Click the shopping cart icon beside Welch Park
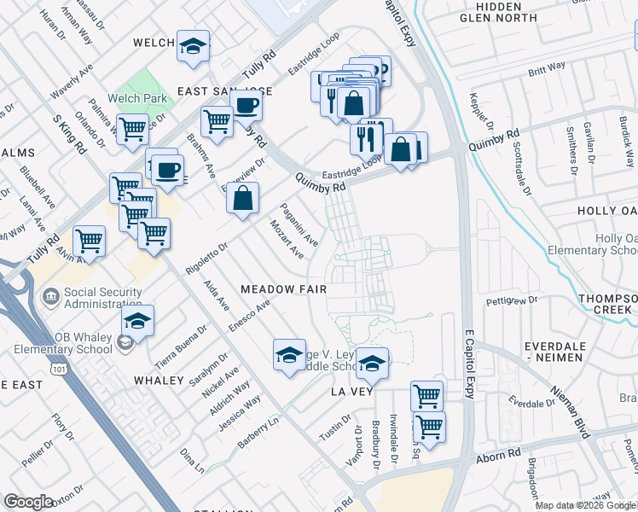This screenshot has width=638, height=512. (x=132, y=131)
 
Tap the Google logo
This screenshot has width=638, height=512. (x=29, y=502)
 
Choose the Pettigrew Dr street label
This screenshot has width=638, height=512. (x=512, y=300)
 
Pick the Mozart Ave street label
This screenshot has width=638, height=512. (x=287, y=240)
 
